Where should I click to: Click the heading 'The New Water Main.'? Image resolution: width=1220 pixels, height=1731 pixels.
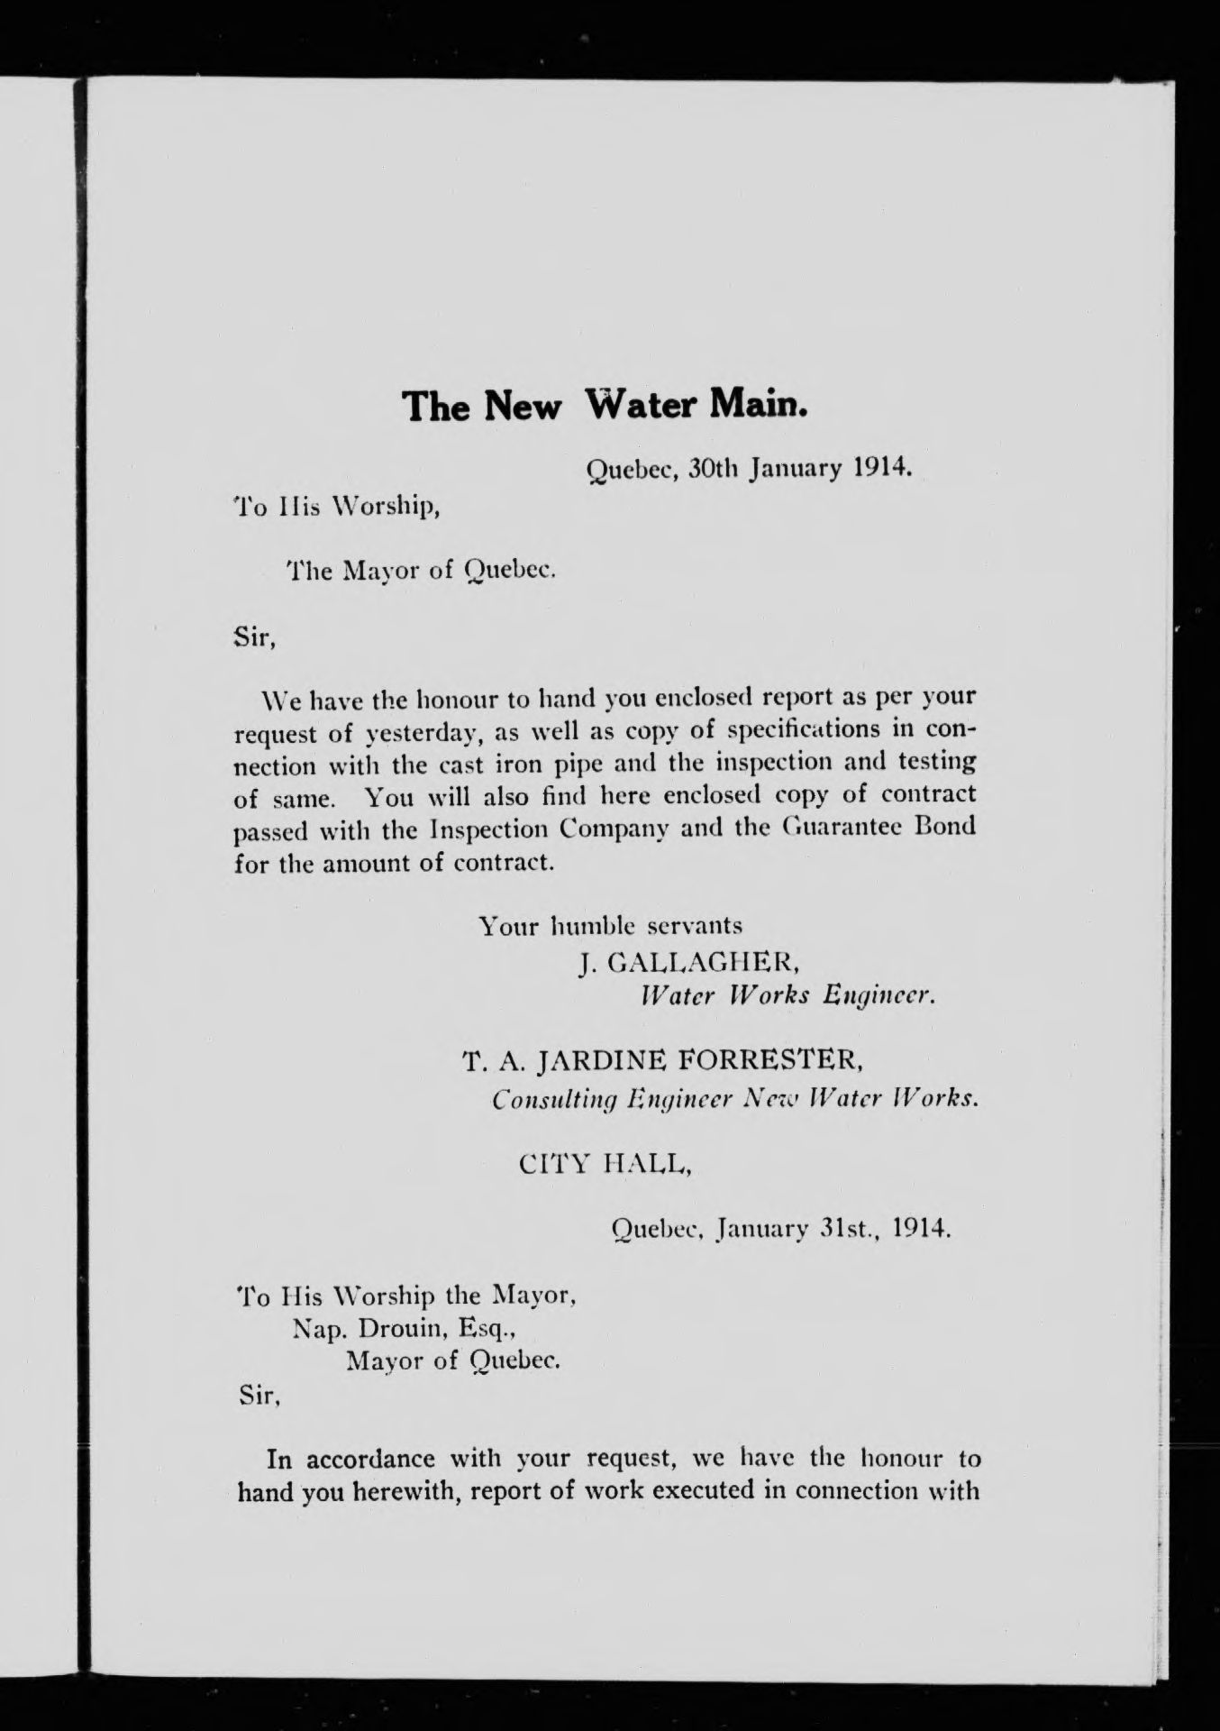[605, 407]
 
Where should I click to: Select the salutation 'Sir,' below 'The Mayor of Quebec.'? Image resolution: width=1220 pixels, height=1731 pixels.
[254, 637]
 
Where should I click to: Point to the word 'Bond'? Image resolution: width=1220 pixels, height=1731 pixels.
[945, 828]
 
